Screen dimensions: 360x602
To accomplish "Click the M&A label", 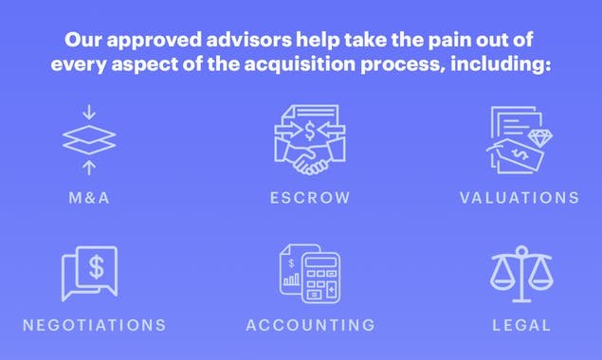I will (x=88, y=198).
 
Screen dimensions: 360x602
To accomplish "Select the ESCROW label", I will (x=309, y=198).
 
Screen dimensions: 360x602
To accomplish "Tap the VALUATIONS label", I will (x=519, y=198).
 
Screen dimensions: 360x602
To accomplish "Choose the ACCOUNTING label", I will (x=310, y=325).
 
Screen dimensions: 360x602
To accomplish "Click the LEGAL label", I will (x=521, y=325).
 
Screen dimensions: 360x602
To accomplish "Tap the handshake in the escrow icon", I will (x=309, y=159).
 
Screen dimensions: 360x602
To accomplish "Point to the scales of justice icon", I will (x=520, y=272).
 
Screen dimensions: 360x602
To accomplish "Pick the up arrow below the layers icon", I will (x=88, y=168).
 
